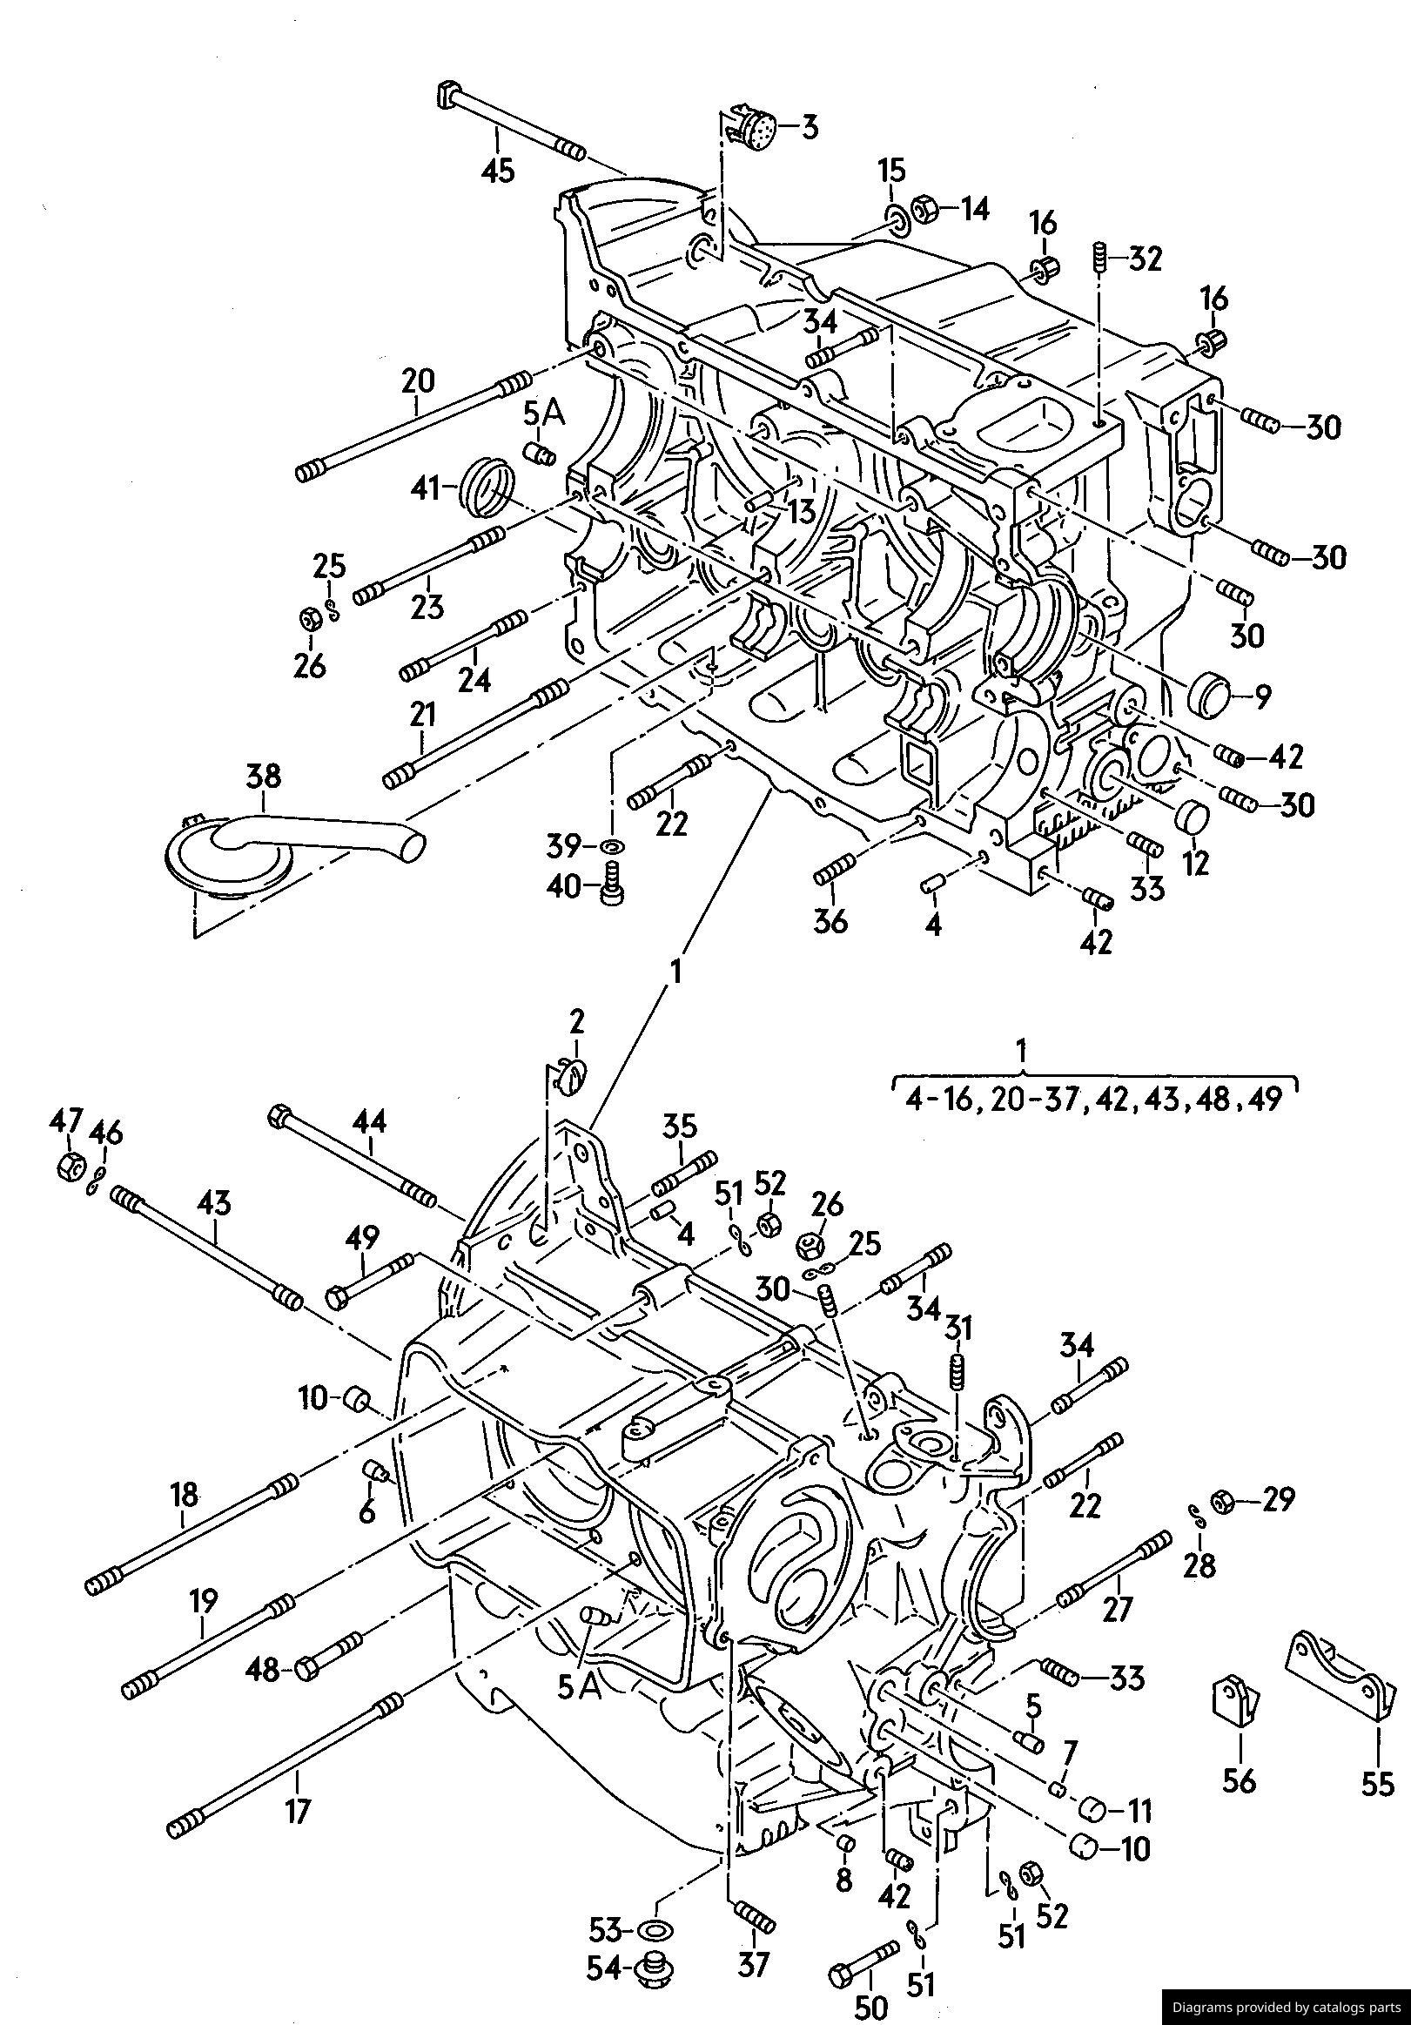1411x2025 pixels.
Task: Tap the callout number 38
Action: [x=263, y=776]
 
